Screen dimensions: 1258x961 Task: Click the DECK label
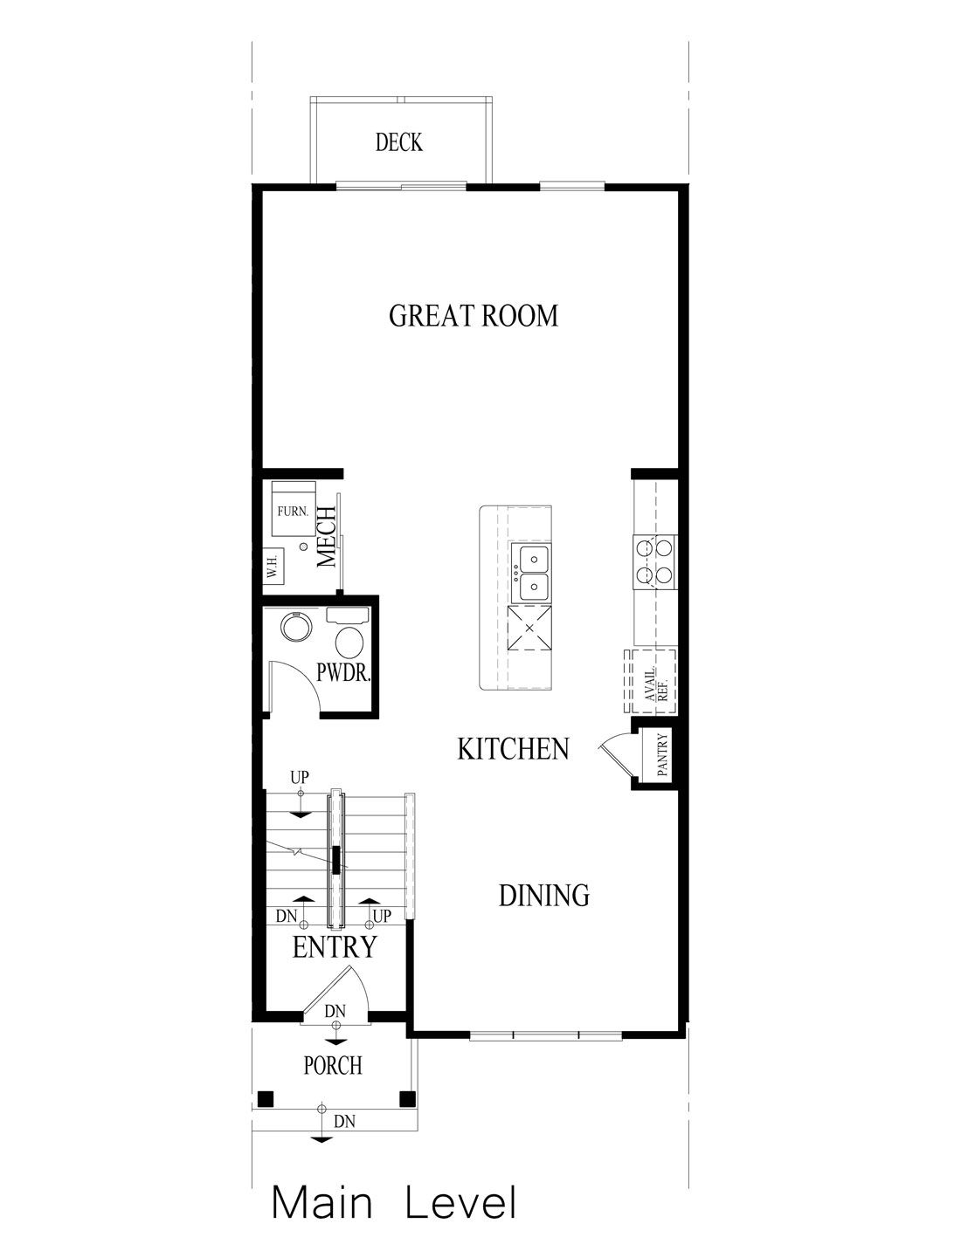pyautogui.click(x=399, y=142)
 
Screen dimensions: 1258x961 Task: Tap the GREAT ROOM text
pyautogui.click(x=473, y=315)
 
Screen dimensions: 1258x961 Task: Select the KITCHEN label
pyautogui.click(x=513, y=748)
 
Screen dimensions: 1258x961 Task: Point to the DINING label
pyautogui.click(x=543, y=895)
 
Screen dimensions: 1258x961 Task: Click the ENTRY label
pyautogui.click(x=335, y=947)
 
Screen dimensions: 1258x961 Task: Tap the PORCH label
pyautogui.click(x=332, y=1065)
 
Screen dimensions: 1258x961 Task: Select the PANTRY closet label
pyautogui.click(x=663, y=755)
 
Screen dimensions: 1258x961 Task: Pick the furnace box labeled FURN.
pyautogui.click(x=292, y=512)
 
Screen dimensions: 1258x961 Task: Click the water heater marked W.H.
pyautogui.click(x=273, y=568)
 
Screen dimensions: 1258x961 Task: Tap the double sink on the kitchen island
pyautogui.click(x=532, y=573)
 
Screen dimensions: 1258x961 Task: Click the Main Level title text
pyautogui.click(x=394, y=1202)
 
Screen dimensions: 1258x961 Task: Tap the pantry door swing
pyautogui.click(x=615, y=752)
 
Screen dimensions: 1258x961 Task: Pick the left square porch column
pyautogui.click(x=266, y=1097)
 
